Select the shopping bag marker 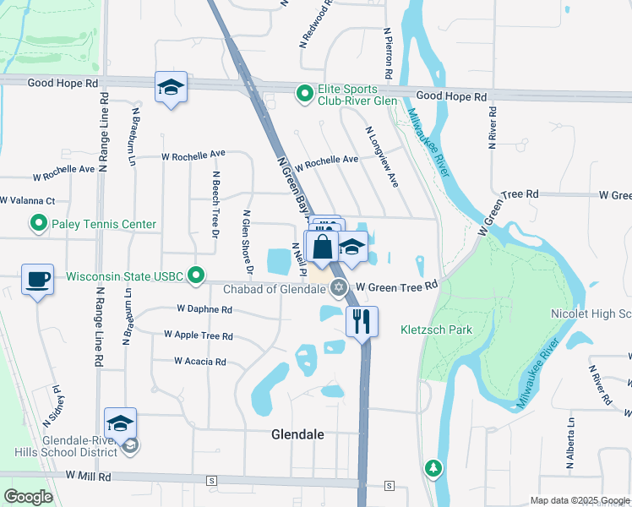click(x=322, y=248)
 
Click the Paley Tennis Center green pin click(x=38, y=224)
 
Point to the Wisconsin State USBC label click(x=126, y=275)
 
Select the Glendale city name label click(x=298, y=435)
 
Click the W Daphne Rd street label click(x=204, y=310)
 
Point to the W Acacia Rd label click(x=200, y=362)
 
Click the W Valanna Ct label click(x=27, y=201)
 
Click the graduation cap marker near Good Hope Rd click(x=171, y=87)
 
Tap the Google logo click(x=29, y=497)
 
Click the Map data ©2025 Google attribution click(x=580, y=500)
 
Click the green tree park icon click(x=433, y=467)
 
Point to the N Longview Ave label click(x=381, y=156)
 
